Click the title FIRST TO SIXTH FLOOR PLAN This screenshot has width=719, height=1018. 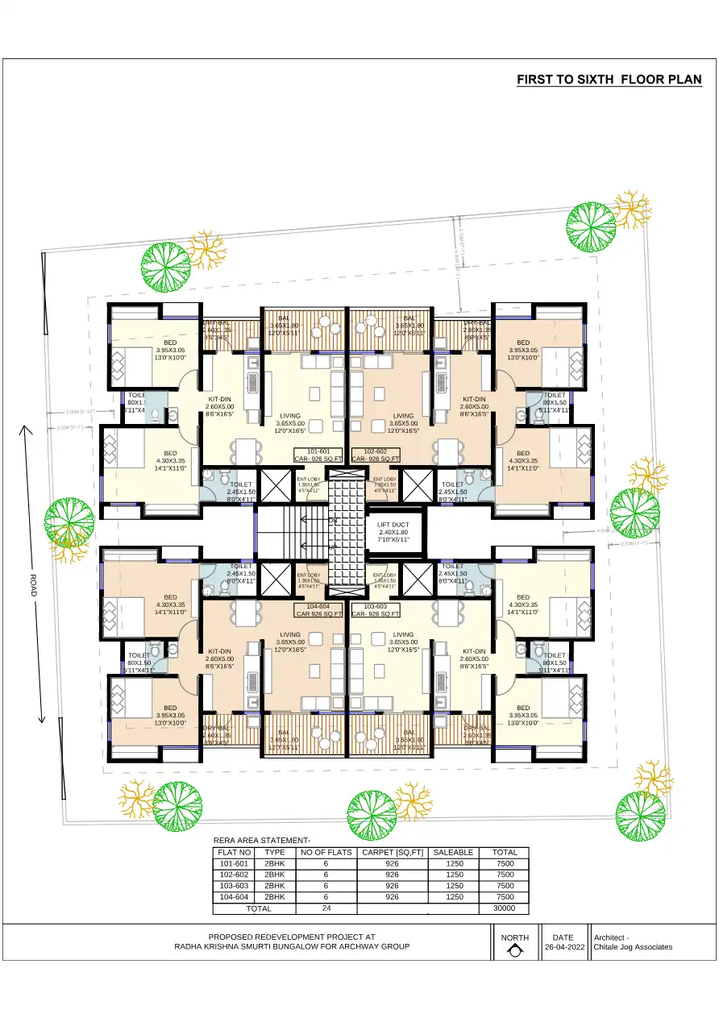coord(609,80)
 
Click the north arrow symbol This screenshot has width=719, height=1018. coord(514,951)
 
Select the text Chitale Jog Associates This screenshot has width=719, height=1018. coord(633,947)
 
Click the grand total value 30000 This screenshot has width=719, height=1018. coord(505,908)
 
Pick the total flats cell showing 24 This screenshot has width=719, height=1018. coord(326,908)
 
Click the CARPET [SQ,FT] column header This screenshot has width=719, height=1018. coord(392,852)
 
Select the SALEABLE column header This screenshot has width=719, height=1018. coord(454,852)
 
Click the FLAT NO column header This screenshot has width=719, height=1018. coord(235,852)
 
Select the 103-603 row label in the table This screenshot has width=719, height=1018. coord(235,885)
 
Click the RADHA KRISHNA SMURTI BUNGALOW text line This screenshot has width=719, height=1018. coord(292,946)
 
